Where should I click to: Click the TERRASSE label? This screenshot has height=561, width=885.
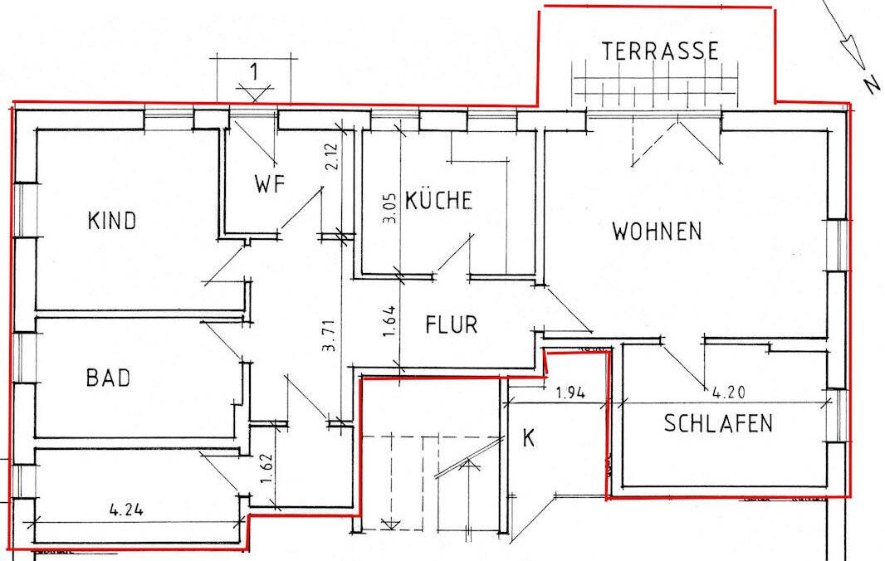point(661,51)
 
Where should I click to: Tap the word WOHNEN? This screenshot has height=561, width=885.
point(657,231)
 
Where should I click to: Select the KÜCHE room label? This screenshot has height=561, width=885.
point(439,201)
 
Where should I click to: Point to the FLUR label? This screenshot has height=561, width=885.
point(452,324)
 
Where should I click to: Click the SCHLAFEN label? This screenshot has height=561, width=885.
point(718,424)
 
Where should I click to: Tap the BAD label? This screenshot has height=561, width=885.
point(108,378)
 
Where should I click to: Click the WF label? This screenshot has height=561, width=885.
point(270,184)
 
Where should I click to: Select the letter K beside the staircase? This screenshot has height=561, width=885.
point(527,438)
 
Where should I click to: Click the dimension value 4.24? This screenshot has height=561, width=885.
point(125,510)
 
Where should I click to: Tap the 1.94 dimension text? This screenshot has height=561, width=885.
point(570,393)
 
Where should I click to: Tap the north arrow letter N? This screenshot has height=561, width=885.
point(871,84)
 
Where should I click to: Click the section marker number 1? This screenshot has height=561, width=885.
point(254,71)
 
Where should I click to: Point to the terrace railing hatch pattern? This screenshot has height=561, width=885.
point(655,87)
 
